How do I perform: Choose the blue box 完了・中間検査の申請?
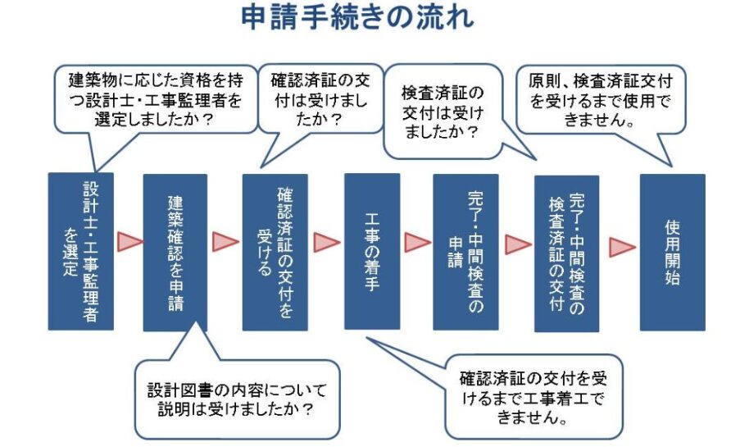[465, 251]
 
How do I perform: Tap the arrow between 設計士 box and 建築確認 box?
[129, 242]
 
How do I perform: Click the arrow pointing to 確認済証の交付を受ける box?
[225, 242]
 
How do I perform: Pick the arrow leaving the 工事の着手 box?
[417, 242]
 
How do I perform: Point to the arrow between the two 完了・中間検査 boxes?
[517, 244]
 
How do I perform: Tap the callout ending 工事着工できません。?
[533, 397]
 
